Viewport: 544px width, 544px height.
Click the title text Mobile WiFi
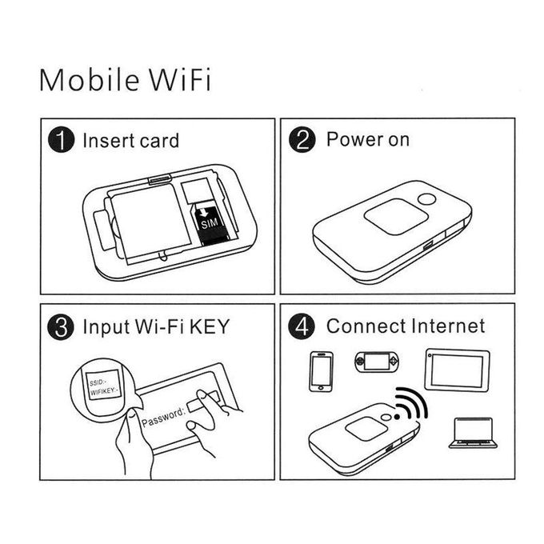click(126, 81)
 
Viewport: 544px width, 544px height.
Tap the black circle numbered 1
click(61, 142)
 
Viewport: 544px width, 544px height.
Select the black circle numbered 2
click(302, 142)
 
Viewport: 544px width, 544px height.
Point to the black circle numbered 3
click(61, 327)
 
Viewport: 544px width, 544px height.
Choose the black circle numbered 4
click(302, 327)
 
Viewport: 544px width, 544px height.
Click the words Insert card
click(130, 142)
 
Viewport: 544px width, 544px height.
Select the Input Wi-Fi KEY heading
click(155, 327)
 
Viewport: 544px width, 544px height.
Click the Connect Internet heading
click(405, 326)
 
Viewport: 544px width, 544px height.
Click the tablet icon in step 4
click(456, 370)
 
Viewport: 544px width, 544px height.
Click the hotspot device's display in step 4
click(366, 429)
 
